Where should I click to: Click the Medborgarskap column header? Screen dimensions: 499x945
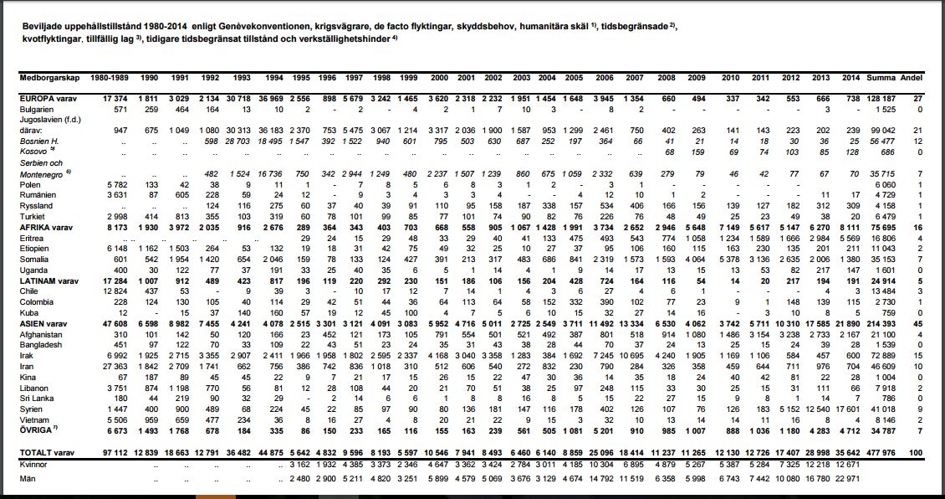(49, 77)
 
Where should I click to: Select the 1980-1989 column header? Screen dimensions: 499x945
(109, 77)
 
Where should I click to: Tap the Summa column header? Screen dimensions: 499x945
(881, 77)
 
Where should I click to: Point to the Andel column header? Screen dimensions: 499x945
(912, 77)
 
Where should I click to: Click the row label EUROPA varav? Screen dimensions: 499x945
(49, 99)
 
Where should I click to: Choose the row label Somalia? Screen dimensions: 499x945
(35, 259)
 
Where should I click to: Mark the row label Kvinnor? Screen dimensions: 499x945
(35, 463)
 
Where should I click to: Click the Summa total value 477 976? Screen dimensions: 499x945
(881, 453)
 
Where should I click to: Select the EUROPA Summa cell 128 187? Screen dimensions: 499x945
(881, 99)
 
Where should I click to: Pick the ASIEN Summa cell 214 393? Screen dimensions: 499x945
(881, 324)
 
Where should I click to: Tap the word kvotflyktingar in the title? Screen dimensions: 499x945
(49, 39)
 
